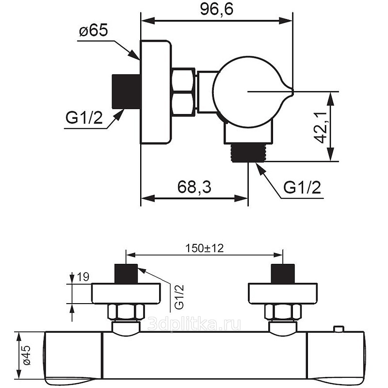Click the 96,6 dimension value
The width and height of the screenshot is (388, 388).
(216, 10)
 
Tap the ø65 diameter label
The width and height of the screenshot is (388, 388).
(94, 31)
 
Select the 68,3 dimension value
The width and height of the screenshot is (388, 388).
(194, 187)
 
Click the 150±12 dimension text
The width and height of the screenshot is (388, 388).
(204, 248)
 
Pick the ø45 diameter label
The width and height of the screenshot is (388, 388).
(26, 355)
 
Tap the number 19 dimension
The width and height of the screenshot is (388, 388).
(83, 277)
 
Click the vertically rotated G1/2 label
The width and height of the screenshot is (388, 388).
(179, 297)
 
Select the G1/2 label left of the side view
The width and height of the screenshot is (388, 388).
(84, 118)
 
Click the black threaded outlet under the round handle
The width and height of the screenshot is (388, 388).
(248, 153)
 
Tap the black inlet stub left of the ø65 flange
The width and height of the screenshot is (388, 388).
(127, 92)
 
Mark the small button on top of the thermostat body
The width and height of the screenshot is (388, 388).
(339, 329)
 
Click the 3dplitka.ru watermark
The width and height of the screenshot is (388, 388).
(194, 324)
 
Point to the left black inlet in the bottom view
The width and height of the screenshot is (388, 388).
(126, 274)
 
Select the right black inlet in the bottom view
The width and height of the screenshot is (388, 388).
(283, 274)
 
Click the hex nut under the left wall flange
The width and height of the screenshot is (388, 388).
(126, 311)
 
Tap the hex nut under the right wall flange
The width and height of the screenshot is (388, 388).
(283, 311)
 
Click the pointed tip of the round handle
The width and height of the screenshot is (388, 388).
(293, 92)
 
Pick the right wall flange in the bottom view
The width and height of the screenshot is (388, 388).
(283, 293)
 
